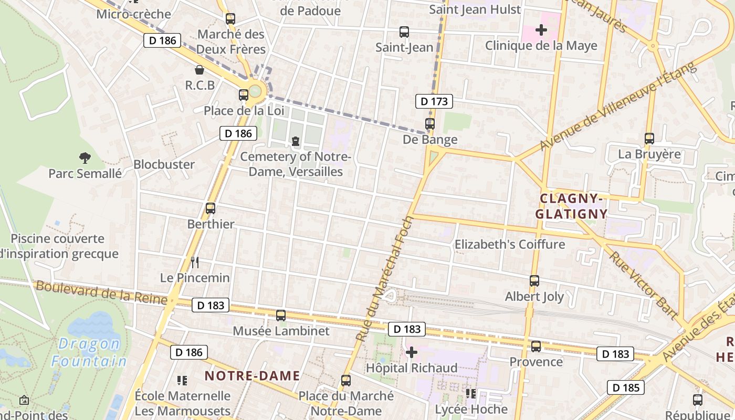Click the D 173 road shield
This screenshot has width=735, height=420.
point(434,101)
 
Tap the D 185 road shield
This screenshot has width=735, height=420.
point(626,388)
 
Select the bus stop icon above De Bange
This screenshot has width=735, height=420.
point(430,124)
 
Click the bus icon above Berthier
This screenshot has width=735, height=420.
point(211,208)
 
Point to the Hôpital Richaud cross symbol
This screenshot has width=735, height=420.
point(412,352)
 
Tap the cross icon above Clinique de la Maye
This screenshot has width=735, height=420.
point(541,30)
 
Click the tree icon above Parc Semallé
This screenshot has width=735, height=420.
point(85,157)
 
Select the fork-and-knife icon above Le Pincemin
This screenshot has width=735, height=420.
point(195,262)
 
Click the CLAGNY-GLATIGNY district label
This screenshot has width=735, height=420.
point(571,206)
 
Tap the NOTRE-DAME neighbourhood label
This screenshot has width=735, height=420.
point(253,376)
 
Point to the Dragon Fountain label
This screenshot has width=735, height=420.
point(89,353)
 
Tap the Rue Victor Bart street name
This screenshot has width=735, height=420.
point(644,286)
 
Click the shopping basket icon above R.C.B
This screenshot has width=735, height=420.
point(199,70)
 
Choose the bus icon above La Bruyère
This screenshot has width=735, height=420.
point(649,139)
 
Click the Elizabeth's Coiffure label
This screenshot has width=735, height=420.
point(509,245)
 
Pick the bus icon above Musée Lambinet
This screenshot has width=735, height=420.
point(281,316)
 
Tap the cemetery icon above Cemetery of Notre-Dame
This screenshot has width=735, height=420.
point(296,141)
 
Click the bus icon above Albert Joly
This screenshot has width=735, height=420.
point(534,281)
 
